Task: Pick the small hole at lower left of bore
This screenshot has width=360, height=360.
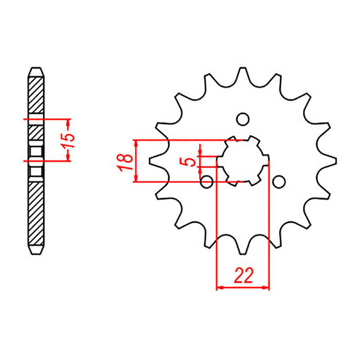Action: click(x=207, y=181)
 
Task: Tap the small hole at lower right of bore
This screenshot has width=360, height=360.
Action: click(x=278, y=182)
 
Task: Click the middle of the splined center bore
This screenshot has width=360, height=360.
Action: click(x=243, y=160)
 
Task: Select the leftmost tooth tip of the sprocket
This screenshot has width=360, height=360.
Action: click(x=150, y=160)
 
